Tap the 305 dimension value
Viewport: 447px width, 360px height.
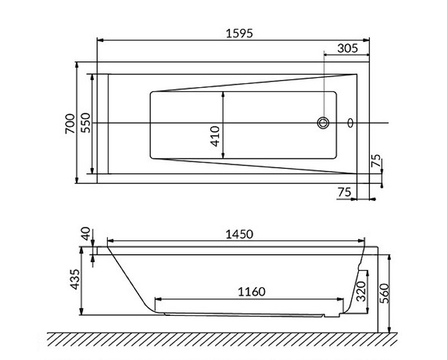(x=348, y=49)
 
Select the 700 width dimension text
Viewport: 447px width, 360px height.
(x=70, y=122)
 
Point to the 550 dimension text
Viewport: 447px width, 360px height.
(x=85, y=122)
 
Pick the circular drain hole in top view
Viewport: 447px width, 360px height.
(x=324, y=122)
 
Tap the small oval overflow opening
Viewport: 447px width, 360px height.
(x=350, y=122)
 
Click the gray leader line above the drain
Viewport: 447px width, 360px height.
(x=324, y=84)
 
